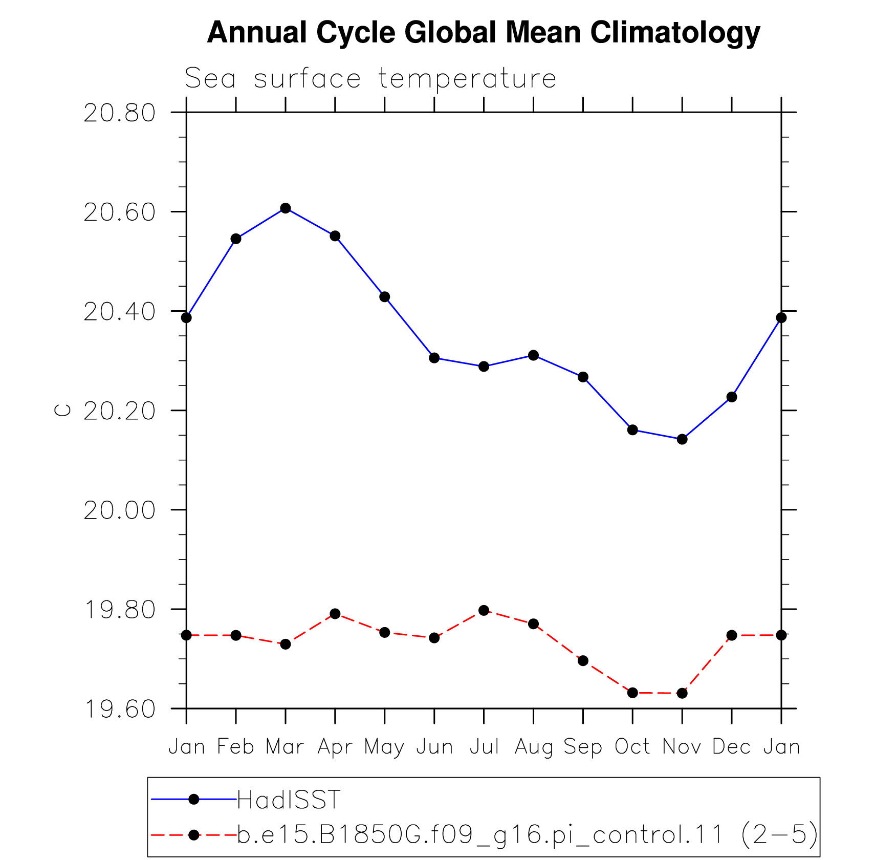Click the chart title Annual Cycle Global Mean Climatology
pos(484,32)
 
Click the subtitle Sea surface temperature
pos(370,79)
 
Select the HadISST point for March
pos(286,208)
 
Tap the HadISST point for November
pos(682,439)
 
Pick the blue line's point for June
pos(434,358)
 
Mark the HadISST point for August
pos(534,355)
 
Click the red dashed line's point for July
pos(484,610)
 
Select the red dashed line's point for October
pos(632,693)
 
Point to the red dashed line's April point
pos(335,614)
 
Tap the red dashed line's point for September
pos(583,661)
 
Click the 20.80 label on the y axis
pos(119,113)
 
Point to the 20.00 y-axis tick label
pos(119,510)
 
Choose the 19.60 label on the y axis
pos(119,709)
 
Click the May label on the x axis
pos(384,748)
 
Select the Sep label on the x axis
pos(583,748)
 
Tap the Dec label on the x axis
pos(732,747)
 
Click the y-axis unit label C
pos(62,410)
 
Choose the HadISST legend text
pos(289,800)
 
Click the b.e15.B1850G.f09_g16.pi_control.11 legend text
pos(480,835)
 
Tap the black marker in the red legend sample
pos(194,835)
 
